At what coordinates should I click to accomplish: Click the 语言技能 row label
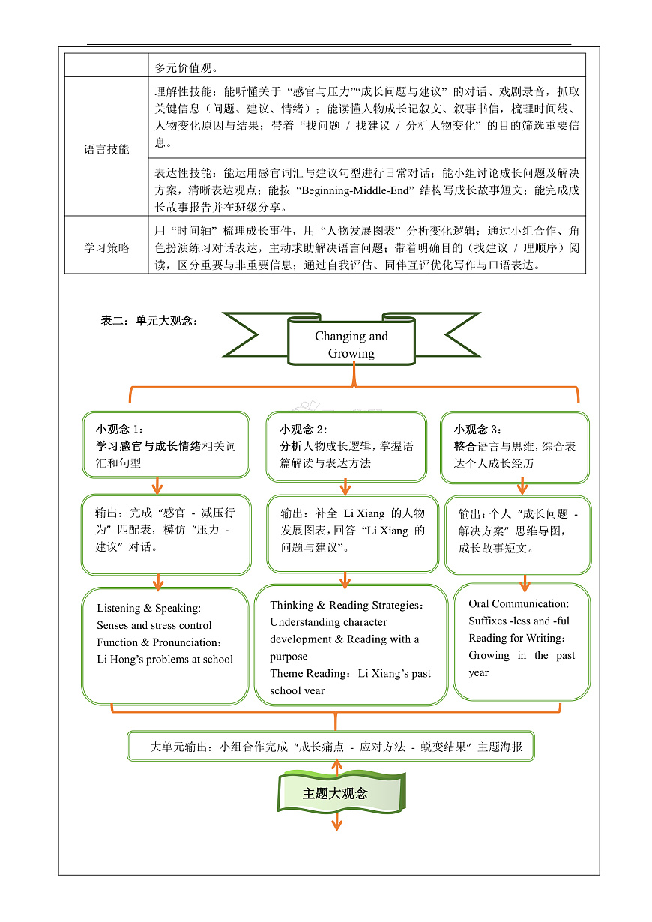[x=106, y=149]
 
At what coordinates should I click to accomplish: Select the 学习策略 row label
[x=106, y=247]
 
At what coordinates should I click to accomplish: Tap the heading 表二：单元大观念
[x=150, y=320]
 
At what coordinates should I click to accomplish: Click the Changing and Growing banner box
[x=351, y=345]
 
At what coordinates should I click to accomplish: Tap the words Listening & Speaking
[x=148, y=608]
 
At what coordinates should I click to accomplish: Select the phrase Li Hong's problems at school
[x=165, y=660]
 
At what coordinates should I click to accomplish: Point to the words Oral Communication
[x=519, y=603]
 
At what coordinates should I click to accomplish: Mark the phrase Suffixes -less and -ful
[x=519, y=621]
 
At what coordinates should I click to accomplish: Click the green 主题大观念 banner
[x=335, y=793]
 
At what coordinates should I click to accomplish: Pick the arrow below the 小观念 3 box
[x=522, y=486]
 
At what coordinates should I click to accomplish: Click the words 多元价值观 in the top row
[x=187, y=67]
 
